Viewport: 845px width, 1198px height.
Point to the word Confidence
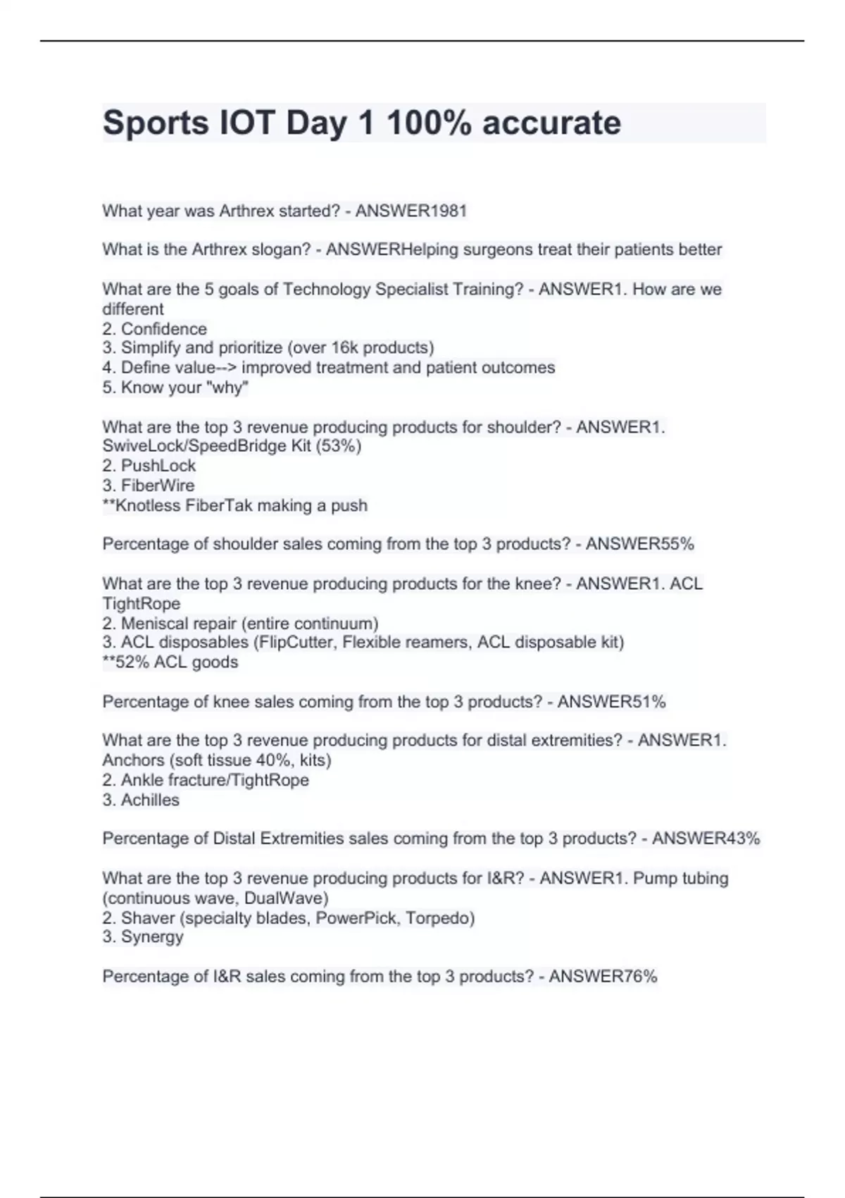coord(164,329)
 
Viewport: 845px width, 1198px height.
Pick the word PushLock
coord(158,466)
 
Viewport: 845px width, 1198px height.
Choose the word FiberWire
coord(158,486)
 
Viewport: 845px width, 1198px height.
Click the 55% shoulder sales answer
coord(677,544)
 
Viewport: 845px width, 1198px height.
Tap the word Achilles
coord(150,801)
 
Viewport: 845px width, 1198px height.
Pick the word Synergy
coord(152,937)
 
